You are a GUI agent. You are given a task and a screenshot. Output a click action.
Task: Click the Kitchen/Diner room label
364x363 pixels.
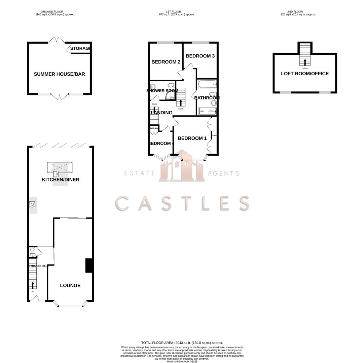point(61,180)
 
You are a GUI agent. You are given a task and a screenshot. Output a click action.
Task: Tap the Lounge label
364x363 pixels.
point(70,286)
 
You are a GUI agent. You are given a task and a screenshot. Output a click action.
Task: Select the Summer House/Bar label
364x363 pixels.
point(59,74)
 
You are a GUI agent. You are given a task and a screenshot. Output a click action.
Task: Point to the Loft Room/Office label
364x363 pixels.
point(305,74)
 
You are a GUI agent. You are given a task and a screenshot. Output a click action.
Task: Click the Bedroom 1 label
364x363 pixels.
point(192,138)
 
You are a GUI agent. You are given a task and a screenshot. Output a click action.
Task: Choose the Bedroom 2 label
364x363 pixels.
point(166,62)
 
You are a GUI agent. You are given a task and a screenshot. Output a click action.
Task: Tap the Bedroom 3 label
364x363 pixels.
point(200,56)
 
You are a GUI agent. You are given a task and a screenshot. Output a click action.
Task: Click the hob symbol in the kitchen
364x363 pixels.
point(32,204)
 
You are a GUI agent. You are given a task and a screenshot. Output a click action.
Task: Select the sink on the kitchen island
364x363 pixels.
point(56,174)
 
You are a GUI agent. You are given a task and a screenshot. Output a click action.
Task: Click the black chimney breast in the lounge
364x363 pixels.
point(89,265)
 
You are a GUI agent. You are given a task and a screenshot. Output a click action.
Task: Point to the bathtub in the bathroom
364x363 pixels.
point(207,84)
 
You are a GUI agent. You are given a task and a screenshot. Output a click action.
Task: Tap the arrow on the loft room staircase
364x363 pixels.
point(305,62)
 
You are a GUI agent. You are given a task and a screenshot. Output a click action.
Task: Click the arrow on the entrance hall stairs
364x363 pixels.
point(33,285)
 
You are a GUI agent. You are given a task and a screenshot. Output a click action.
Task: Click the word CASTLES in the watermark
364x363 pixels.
point(182,203)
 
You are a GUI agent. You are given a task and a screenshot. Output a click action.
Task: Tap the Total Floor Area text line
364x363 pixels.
point(182,343)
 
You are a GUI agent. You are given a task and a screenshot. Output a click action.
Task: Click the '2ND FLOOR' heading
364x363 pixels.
point(295,12)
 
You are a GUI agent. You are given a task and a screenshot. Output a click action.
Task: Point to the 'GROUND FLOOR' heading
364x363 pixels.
point(52,12)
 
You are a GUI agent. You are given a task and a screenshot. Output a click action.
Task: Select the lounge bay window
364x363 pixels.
point(70,305)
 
